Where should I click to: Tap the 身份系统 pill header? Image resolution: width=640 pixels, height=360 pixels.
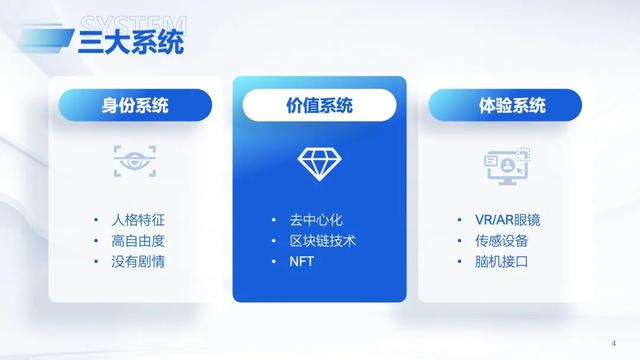pos(135,104)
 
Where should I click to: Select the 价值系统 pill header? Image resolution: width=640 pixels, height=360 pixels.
pos(320,104)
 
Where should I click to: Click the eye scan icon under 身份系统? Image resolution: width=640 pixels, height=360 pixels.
pos(134,160)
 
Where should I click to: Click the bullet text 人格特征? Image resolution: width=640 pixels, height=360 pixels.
pos(138,218)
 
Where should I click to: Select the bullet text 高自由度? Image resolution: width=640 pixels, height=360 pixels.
pos(138,240)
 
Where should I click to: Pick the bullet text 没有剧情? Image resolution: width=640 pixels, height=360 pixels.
pos(138,262)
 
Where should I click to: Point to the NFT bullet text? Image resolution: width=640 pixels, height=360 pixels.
pos(302,262)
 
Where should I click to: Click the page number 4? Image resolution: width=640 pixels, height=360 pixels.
pos(612,340)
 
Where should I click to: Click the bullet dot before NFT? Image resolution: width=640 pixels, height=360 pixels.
pos(273,262)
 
